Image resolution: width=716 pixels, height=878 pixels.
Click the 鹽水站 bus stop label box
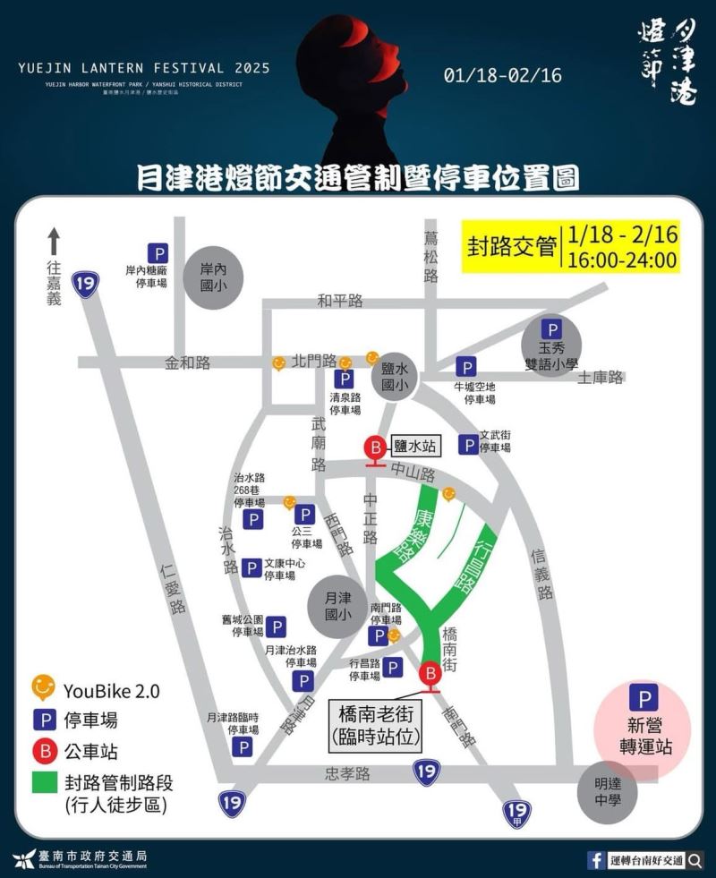[414, 445]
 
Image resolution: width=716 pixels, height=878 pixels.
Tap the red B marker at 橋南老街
[430, 674]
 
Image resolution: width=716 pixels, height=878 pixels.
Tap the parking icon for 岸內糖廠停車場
[158, 254]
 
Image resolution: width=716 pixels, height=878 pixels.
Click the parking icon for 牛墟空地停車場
[466, 367]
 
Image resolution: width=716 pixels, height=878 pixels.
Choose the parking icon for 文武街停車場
[468, 444]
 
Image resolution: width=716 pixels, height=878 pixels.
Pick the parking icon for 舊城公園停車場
[277, 627]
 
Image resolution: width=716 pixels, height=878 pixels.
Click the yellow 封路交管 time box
[570, 247]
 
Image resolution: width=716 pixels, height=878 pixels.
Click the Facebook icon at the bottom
[596, 860]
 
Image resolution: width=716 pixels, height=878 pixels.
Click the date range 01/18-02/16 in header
[502, 75]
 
